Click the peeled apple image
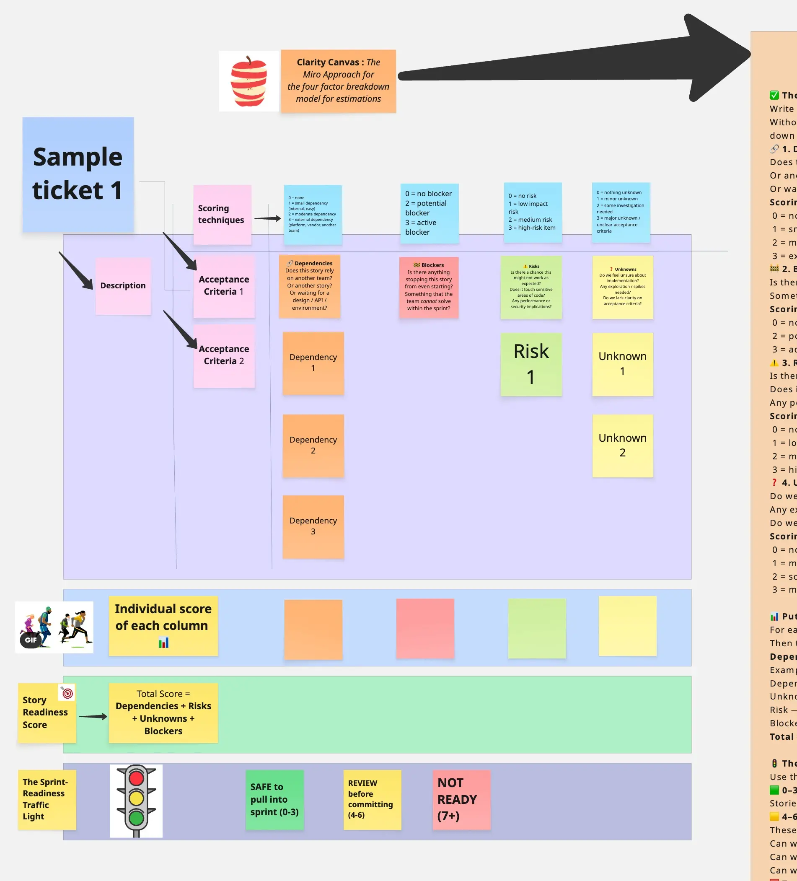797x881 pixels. (248, 81)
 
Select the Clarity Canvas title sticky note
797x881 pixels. (338, 81)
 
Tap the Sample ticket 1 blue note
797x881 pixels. (78, 174)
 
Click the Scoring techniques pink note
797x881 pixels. (222, 214)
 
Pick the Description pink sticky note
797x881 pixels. (123, 286)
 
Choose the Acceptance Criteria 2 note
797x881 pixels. (224, 355)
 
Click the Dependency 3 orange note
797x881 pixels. (313, 526)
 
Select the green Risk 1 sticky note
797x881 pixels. (531, 364)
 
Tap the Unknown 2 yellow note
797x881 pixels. (622, 445)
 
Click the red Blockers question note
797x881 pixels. (428, 287)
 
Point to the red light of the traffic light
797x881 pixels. (136, 778)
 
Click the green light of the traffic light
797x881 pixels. (136, 817)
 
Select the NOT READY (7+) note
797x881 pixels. (461, 799)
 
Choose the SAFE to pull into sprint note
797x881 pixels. (274, 799)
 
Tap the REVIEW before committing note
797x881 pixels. (372, 799)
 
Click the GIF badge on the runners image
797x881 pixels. (31, 640)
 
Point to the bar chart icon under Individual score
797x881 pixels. (163, 643)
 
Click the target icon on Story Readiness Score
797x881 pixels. (67, 693)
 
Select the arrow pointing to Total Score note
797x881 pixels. (93, 717)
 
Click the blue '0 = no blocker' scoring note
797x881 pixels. (429, 213)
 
